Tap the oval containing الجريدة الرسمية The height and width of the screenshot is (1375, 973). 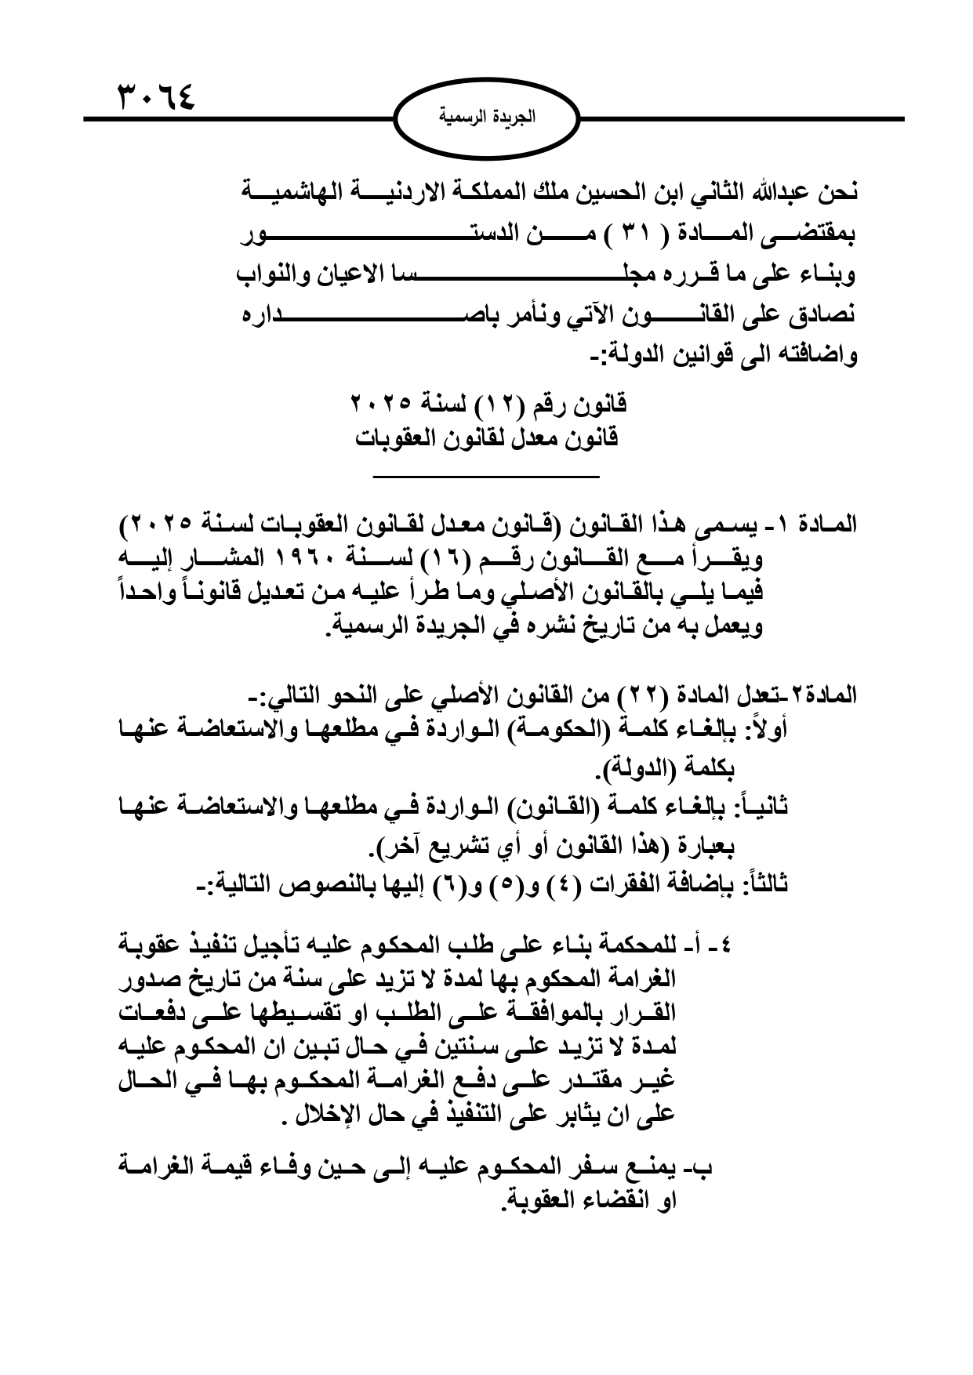point(487,118)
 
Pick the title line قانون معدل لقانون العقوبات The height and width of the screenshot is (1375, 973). point(486,437)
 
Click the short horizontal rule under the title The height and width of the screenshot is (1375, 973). point(486,476)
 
